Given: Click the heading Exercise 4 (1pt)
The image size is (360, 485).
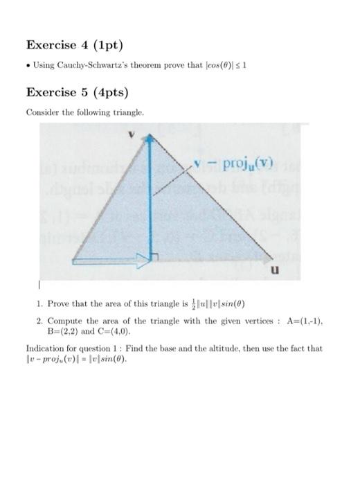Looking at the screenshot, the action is [73, 45].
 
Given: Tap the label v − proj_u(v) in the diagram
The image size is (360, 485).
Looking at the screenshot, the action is [234, 164].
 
